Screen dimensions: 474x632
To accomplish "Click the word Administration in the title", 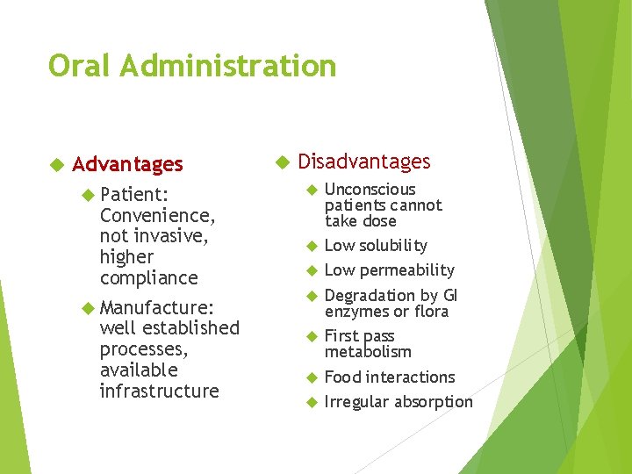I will (x=231, y=66).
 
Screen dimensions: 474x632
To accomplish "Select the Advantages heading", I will (x=127, y=164).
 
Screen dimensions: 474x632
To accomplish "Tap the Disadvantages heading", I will (x=364, y=162).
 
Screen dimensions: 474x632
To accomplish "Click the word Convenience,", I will (x=158, y=214).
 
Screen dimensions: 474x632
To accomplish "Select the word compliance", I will (x=149, y=278).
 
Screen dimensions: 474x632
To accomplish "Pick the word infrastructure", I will (x=160, y=391).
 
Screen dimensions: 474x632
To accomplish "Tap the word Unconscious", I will (x=370, y=190).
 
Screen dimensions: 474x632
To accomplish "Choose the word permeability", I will (x=406, y=270).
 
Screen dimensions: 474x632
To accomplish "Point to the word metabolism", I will (x=368, y=352).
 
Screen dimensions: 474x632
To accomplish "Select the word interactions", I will (x=412, y=377).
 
